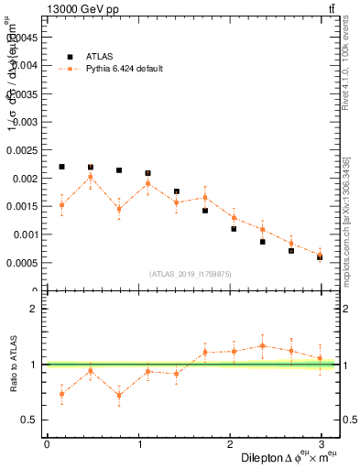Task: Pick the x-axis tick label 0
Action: pyautogui.click(x=47, y=444)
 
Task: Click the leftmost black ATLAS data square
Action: pyautogui.click(x=61, y=167)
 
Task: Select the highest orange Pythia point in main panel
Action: pyautogui.click(x=91, y=177)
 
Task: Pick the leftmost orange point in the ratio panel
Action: pyautogui.click(x=61, y=394)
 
